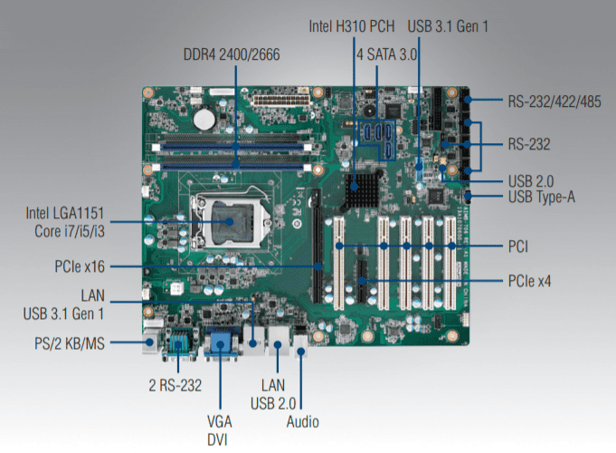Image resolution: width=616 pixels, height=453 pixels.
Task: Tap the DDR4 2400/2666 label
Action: [232, 54]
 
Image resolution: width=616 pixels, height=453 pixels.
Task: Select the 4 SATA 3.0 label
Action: [387, 54]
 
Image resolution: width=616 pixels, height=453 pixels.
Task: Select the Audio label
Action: [301, 420]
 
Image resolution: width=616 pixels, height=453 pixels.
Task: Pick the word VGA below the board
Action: [218, 421]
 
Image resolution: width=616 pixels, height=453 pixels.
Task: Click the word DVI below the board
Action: [218, 439]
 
